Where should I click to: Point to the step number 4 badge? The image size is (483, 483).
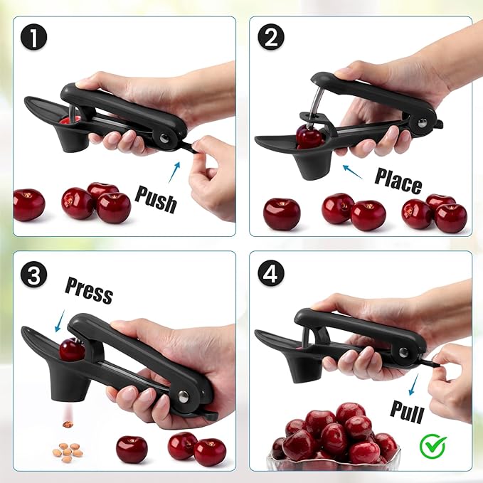(x=270, y=274)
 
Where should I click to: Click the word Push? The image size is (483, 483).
(x=155, y=198)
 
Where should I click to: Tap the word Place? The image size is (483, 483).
(x=398, y=181)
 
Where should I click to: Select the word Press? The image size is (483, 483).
(x=89, y=290)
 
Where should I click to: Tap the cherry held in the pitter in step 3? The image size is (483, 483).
(x=72, y=349)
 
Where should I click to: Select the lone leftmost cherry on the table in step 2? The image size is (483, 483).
(x=282, y=213)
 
